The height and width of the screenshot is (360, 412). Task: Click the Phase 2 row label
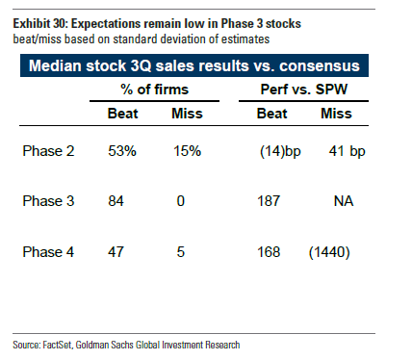pos(48,151)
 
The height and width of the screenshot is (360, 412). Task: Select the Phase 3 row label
pos(48,201)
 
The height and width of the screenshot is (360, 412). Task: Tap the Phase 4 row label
pos(48,252)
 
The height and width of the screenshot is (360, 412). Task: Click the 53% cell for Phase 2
pos(122,151)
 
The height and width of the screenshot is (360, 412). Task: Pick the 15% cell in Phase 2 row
pos(188,151)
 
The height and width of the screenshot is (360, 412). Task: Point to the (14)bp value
pos(280,151)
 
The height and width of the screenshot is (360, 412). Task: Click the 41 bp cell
pos(347,151)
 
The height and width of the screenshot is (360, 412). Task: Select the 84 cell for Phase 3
pos(116,201)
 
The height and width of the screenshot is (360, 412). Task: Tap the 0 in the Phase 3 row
pos(181,201)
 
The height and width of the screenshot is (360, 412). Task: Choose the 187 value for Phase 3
pos(269,201)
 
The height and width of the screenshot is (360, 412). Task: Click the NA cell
pos(344,201)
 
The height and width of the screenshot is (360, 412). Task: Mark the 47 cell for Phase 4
pos(116,252)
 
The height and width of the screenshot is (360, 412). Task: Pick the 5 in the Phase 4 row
pos(181,252)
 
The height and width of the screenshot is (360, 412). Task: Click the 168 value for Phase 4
pos(269,252)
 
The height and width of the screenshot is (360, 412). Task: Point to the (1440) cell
pos(329,252)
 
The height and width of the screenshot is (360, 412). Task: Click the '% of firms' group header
pos(155,90)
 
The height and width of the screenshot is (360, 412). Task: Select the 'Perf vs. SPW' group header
pos(304,90)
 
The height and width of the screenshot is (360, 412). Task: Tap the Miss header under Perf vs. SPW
pos(336,114)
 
